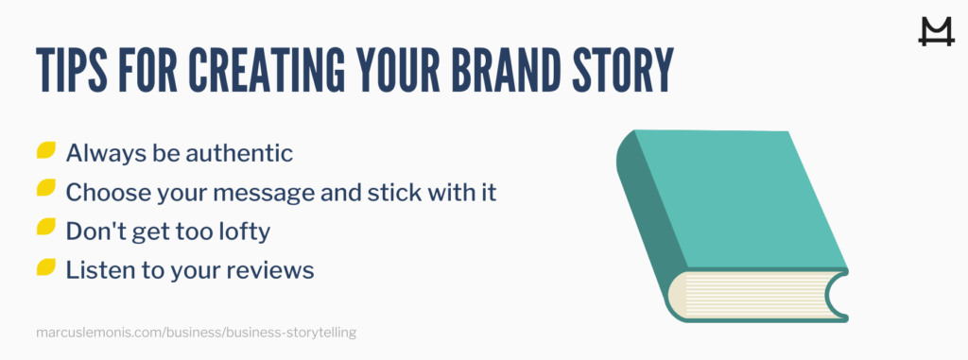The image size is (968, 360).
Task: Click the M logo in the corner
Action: click(x=936, y=31)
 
